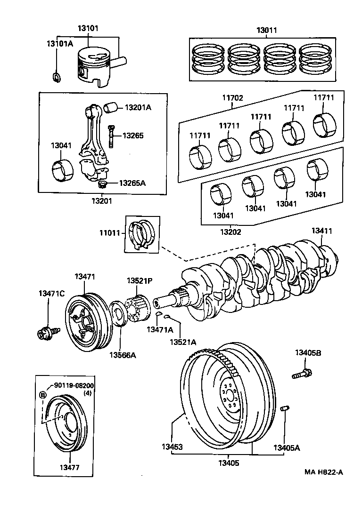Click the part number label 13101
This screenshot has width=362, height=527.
click(88, 28)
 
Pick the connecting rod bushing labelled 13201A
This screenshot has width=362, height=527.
click(112, 107)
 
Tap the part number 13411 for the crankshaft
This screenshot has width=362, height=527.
click(321, 231)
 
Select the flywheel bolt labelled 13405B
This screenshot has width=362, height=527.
click(301, 375)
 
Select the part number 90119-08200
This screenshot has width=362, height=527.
click(74, 385)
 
